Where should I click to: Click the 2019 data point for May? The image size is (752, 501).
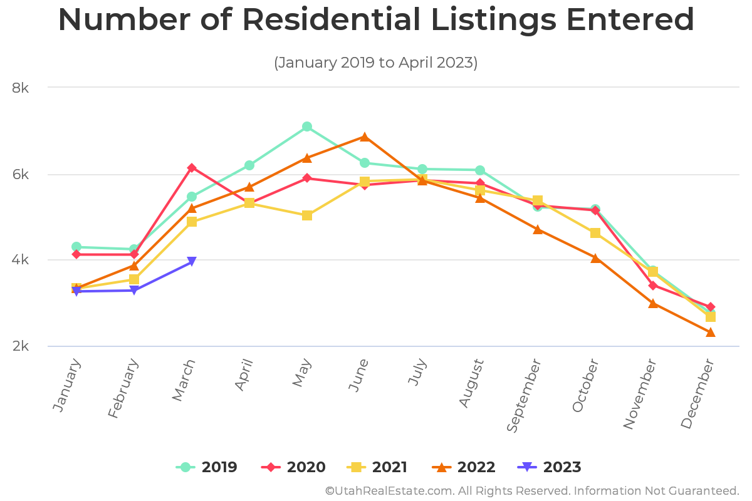point(307,127)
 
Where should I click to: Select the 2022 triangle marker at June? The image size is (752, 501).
point(365,137)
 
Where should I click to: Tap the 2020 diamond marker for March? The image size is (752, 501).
point(192,168)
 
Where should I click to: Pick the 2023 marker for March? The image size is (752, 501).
point(192,262)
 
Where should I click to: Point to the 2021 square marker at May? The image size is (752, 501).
point(307,215)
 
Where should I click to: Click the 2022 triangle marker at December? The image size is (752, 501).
point(711,332)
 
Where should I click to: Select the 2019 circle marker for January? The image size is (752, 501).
point(76,247)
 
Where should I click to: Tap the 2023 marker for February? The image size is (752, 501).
point(134,291)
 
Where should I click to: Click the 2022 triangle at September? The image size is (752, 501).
point(538,229)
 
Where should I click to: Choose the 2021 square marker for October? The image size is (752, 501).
point(595,233)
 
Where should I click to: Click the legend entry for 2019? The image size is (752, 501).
point(206,467)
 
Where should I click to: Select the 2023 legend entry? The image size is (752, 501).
point(550,467)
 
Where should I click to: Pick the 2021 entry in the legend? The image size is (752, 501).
point(377,467)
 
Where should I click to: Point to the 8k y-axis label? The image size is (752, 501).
point(21,88)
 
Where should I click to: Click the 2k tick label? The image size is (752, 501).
point(21,346)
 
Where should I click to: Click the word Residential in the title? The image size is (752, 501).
point(332,20)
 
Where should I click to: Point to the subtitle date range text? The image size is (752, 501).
point(375,63)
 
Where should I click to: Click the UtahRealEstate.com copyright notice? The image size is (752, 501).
point(532,490)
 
